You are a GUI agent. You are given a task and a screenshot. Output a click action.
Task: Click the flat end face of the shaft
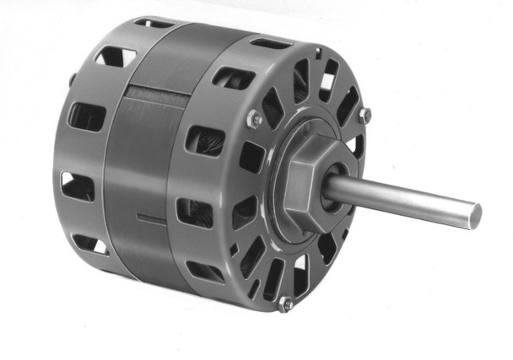point(476,215)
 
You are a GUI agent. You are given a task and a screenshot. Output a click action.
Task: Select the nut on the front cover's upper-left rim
point(255,120)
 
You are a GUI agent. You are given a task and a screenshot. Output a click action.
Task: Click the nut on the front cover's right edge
point(364,114)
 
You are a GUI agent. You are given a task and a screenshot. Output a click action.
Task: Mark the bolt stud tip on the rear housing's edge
point(73,79)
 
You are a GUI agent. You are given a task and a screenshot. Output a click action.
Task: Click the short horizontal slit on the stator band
point(152,221)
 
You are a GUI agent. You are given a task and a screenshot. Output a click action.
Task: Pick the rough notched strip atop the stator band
point(157,90)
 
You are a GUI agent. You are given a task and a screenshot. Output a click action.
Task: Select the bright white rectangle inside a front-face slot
point(327,82)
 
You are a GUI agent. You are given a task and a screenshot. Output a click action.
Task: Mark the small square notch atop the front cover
point(318,52)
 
